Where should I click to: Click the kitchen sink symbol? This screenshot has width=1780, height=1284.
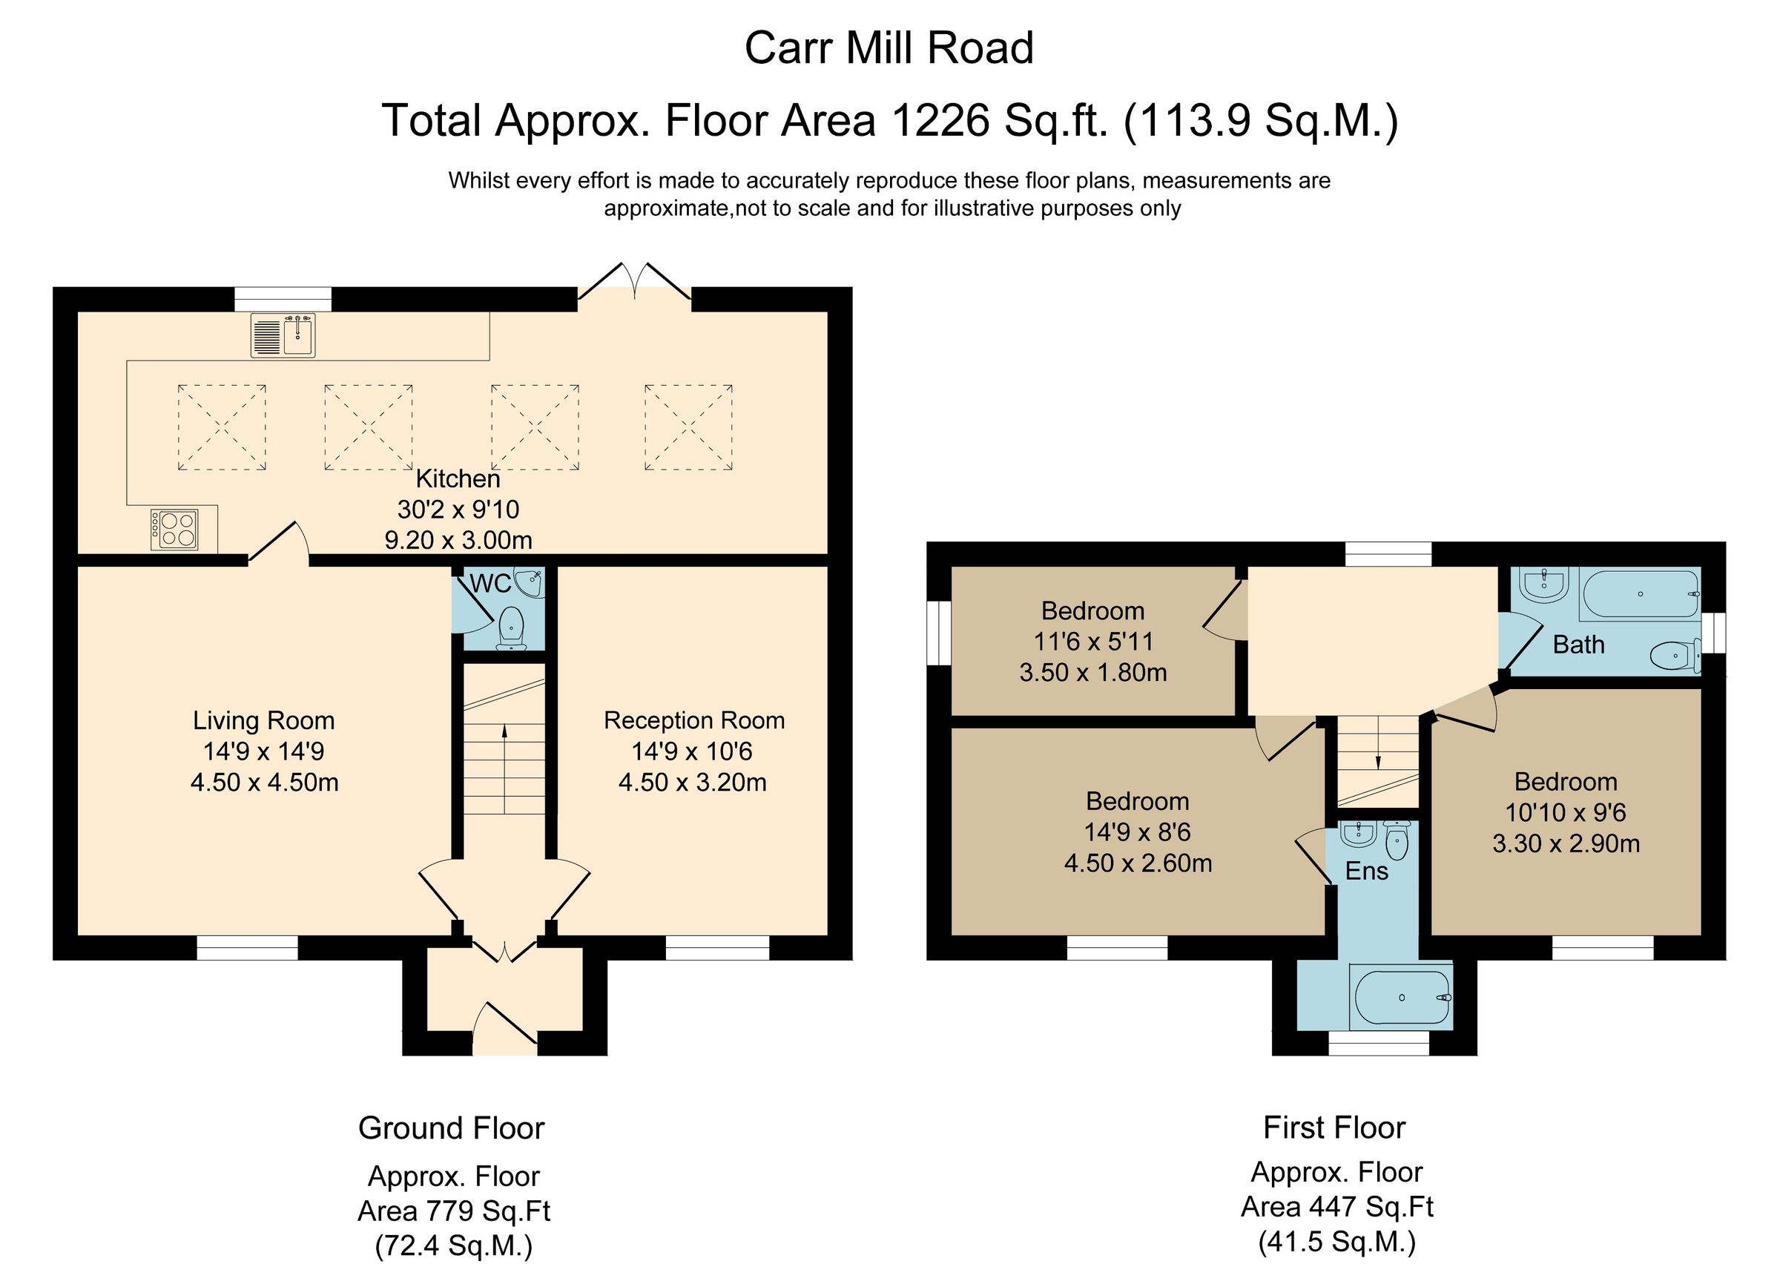(283, 335)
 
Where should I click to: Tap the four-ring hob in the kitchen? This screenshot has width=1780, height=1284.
(174, 530)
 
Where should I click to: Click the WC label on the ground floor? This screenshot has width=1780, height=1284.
(489, 584)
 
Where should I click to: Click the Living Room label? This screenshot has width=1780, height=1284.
(264, 720)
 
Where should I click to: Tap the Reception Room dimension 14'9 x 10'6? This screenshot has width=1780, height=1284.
(692, 752)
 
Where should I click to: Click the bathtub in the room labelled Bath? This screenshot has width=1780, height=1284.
(1640, 594)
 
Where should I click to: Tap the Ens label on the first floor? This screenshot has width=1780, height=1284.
(1366, 871)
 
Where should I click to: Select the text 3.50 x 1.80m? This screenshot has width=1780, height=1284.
(1092, 673)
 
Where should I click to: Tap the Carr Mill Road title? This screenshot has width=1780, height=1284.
(889, 48)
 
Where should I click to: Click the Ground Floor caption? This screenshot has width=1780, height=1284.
(451, 1127)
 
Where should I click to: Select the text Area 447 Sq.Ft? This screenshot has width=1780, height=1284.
(1336, 1206)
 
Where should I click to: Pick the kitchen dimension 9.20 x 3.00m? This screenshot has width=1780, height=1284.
(458, 540)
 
